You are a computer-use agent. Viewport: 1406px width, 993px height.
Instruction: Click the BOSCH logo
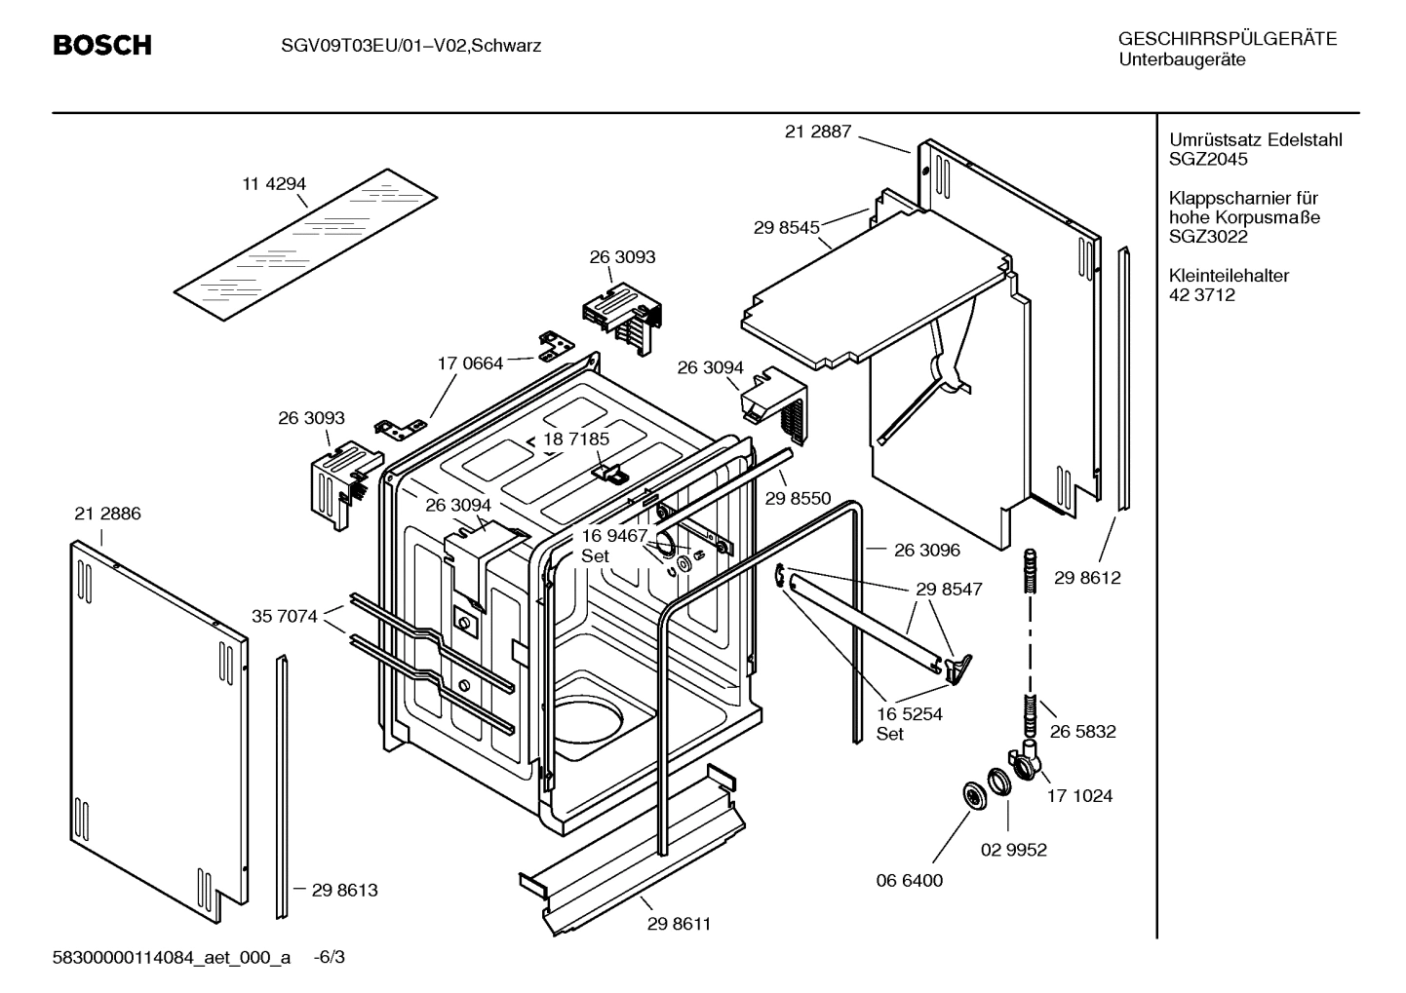pos(101,45)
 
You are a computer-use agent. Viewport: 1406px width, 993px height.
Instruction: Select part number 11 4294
pos(273,183)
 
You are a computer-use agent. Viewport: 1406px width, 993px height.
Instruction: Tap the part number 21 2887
pos(817,132)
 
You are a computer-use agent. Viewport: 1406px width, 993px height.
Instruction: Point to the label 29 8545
pos(786,227)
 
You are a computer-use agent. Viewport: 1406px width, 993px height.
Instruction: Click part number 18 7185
pos(576,439)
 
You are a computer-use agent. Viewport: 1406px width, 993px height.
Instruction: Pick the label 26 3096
pos(926,550)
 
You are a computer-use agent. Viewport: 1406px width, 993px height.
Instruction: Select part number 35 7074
pos(284,616)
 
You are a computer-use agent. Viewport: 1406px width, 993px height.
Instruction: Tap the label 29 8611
pos(679,924)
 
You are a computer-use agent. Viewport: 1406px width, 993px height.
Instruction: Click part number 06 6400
pos(909,880)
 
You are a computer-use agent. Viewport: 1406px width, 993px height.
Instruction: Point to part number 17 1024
pos(1079,795)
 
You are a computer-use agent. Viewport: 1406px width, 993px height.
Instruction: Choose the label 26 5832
pos(1082,731)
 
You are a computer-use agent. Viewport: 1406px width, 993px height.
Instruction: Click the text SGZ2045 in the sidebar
pos(1208,159)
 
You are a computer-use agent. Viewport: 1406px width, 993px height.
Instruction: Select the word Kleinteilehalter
pos(1229,276)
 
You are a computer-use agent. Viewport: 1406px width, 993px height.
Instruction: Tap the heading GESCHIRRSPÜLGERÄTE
pos(1227,40)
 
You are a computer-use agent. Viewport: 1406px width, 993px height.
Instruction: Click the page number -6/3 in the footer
pos(329,957)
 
